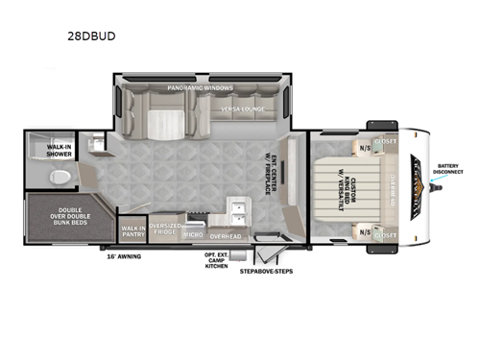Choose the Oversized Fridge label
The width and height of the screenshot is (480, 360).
pos(164,229)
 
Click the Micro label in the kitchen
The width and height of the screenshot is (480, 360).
pos(193,233)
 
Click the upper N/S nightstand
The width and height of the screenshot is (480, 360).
pos(365,148)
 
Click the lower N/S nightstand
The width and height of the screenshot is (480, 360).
pos(365,230)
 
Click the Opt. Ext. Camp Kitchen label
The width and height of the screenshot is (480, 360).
pos(217,261)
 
